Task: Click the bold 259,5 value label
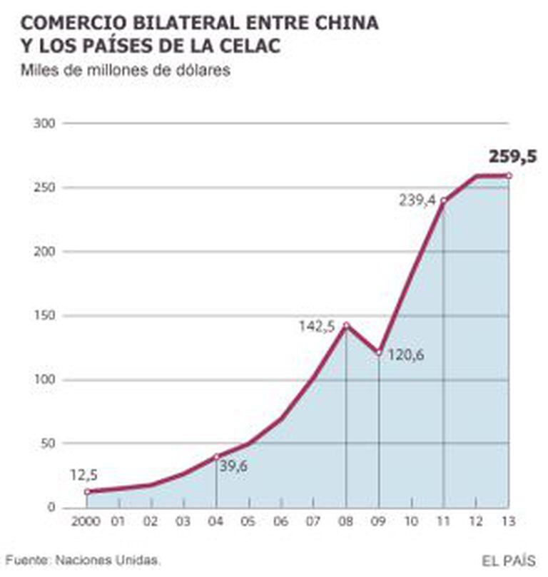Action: coord(512,157)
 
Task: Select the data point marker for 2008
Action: coord(346,326)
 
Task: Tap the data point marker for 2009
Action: coord(379,352)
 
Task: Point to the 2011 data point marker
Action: coord(444,200)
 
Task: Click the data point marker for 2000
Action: coord(87,491)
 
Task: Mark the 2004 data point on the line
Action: coord(216,456)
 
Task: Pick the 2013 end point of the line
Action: coord(509,175)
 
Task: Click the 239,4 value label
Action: coord(416,202)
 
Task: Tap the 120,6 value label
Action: coord(406,354)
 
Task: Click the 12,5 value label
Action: coord(85,474)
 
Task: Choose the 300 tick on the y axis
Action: coord(45,123)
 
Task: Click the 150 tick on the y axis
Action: coord(45,315)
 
